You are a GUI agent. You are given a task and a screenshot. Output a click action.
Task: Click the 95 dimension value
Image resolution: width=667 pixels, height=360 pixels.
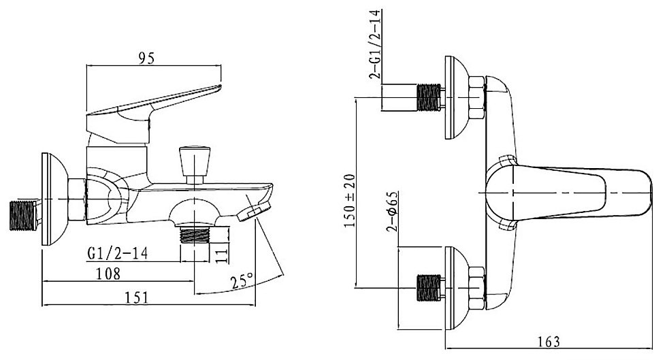pos(146,59)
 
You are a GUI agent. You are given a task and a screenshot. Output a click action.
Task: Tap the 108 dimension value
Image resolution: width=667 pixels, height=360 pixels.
pos(108,273)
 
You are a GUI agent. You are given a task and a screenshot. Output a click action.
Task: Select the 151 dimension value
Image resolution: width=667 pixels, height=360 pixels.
pos(137,297)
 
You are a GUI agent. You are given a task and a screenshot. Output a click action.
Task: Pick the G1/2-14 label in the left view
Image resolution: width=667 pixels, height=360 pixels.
pos(117,253)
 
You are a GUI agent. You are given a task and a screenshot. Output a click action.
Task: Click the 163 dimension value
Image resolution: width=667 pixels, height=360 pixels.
pos(549,341)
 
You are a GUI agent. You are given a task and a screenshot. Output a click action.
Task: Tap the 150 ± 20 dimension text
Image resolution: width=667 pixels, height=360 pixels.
pos(350,200)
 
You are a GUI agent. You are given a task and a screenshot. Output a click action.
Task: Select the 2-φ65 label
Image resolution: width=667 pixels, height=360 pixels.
pos(392,211)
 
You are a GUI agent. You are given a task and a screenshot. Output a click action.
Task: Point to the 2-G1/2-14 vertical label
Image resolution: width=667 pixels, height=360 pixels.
pos(376,45)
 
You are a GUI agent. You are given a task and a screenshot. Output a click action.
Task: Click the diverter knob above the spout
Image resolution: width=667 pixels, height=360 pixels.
pos(195,165)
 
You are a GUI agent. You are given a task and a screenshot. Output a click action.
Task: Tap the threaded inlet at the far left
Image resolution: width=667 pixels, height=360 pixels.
pos(23,215)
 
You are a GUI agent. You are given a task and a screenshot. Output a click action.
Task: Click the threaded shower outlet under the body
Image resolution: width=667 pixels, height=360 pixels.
pos(195,234)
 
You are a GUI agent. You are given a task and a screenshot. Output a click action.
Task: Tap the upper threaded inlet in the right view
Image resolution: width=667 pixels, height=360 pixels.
pos(429,97)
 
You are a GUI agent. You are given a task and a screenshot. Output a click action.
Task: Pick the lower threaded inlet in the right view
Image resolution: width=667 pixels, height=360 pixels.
pos(429,288)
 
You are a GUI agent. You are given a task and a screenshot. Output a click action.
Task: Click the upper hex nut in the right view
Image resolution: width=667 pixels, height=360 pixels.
pos(476,98)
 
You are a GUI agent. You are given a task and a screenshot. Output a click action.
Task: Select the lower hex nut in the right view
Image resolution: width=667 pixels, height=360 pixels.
pos(476,288)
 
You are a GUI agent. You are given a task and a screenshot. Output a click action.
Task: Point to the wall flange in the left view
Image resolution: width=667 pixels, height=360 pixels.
pos(54,199)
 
